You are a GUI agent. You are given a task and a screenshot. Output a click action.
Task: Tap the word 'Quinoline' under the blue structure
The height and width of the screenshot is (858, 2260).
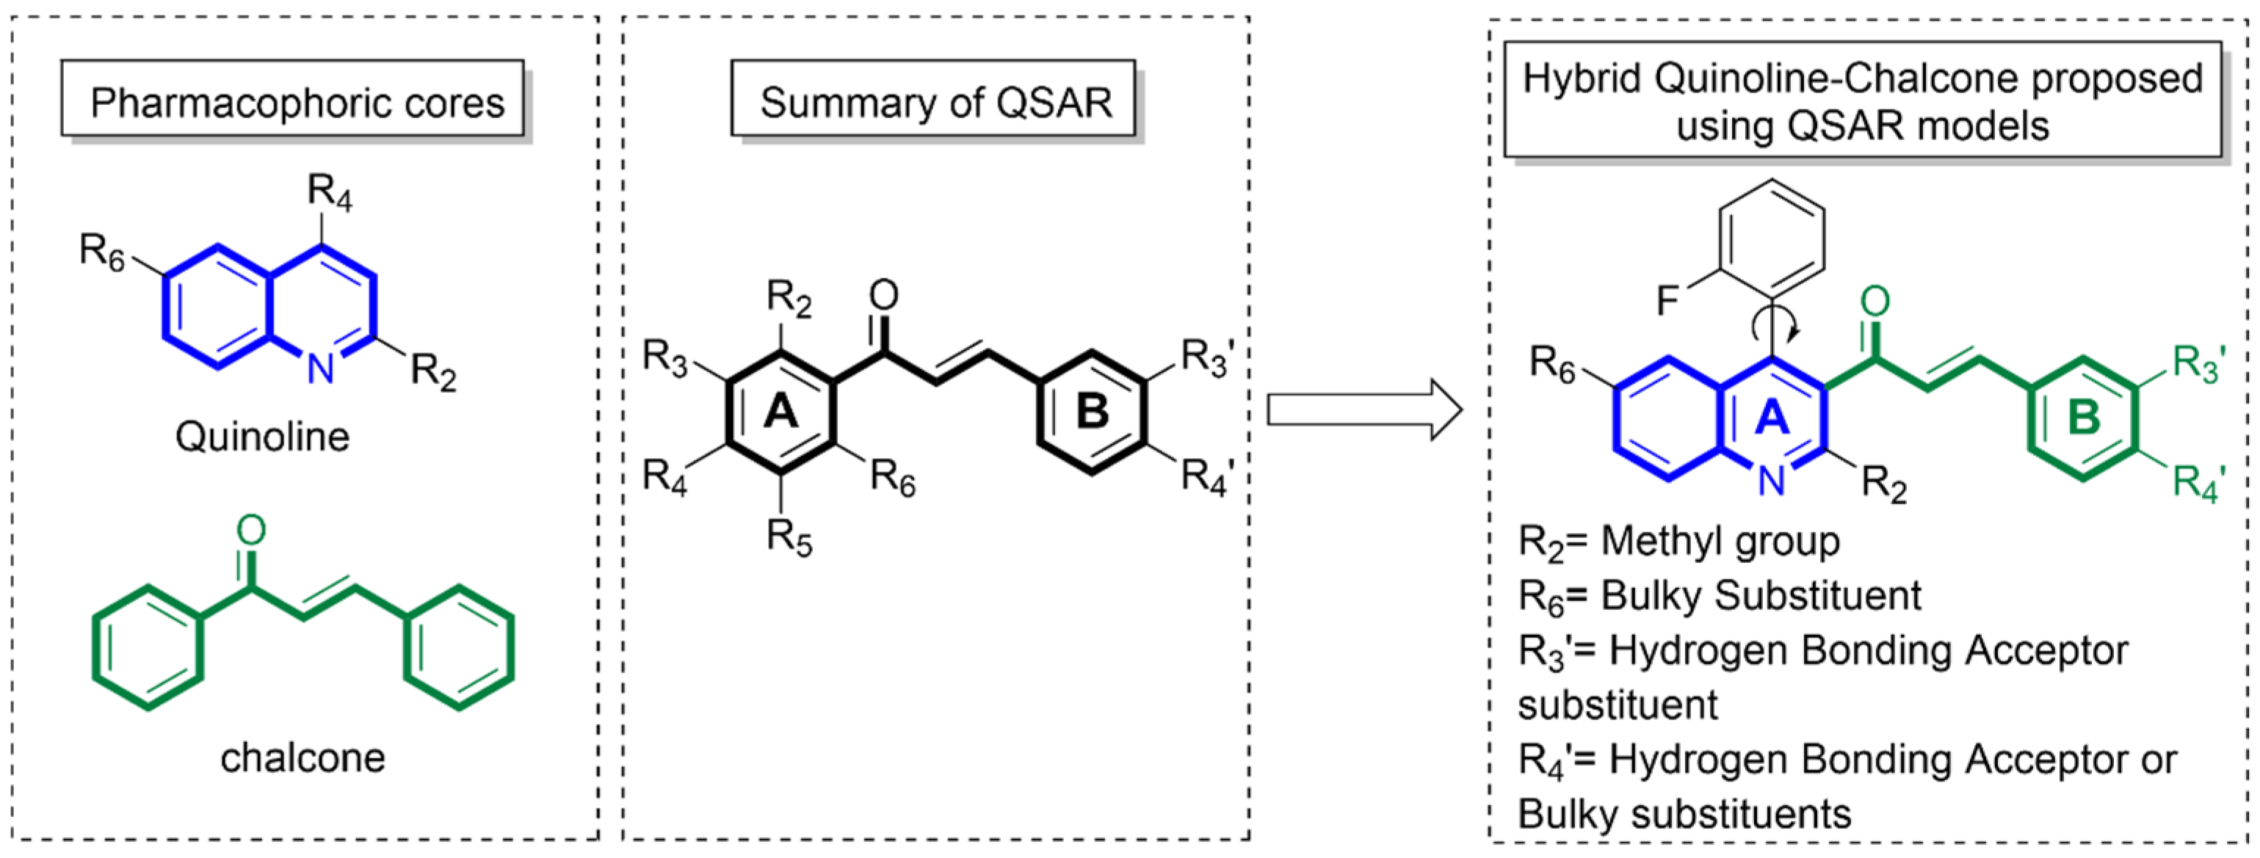click(262, 436)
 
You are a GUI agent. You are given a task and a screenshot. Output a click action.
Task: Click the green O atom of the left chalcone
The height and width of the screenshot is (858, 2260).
click(251, 531)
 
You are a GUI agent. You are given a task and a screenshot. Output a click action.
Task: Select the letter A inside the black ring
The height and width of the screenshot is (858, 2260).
click(780, 410)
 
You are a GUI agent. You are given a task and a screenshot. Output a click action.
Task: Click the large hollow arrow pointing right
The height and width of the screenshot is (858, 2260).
click(1364, 410)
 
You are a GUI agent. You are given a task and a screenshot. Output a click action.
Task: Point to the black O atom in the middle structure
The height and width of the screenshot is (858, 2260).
click(883, 295)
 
